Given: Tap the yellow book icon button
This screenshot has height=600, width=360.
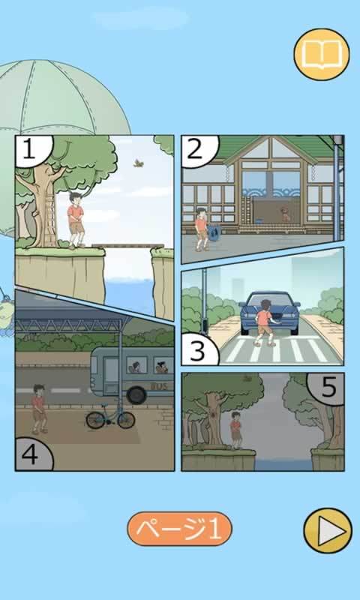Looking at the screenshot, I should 321,54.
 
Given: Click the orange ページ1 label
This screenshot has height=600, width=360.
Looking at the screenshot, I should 179,529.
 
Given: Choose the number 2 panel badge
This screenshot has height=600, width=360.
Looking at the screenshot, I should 196,149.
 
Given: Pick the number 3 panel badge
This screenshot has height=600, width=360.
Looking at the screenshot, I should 196,349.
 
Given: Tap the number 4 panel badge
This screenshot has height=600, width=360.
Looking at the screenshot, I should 31,455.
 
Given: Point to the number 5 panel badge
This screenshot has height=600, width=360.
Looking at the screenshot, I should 328,388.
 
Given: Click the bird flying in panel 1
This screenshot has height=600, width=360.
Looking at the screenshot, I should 139,161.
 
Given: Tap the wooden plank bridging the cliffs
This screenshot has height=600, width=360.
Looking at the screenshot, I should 127,245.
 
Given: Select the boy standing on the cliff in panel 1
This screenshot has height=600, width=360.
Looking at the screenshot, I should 75,219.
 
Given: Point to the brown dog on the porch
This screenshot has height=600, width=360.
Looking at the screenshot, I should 285,215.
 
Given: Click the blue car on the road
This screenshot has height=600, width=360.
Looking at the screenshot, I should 270,313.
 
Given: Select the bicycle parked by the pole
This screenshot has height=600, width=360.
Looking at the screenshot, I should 110,417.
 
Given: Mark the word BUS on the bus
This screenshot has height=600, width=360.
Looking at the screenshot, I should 159,386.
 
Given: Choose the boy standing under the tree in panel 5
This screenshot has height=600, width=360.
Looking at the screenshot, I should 236,430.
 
